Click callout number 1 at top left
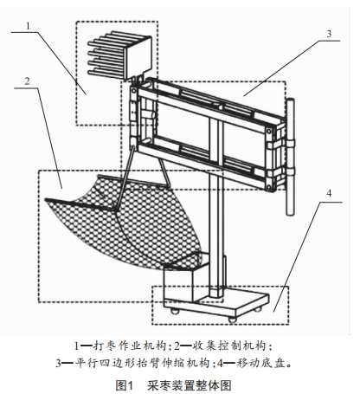(28, 26)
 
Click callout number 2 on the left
(27, 81)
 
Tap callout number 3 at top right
(329, 34)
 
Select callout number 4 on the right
(329, 193)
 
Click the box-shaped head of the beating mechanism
(137, 58)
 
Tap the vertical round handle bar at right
(291, 158)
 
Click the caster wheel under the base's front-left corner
(175, 312)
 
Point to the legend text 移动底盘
(258, 363)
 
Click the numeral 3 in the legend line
(59, 363)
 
